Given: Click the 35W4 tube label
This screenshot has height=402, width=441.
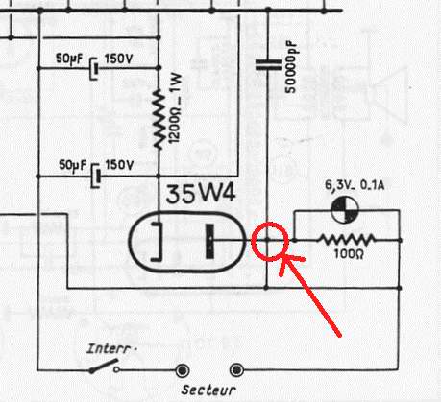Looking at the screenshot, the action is tap(201, 194).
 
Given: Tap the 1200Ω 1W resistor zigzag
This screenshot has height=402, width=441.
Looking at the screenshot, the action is tap(158, 119).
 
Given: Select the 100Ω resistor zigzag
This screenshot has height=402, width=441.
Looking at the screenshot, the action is tap(347, 240).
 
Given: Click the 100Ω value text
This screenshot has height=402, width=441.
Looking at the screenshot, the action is tap(349, 254).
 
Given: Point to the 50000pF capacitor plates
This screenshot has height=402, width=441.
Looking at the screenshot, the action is tap(268, 64).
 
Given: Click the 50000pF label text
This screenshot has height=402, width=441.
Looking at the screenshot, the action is tap(291, 67).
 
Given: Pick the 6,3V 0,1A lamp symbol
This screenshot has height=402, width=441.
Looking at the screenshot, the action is tap(345, 210).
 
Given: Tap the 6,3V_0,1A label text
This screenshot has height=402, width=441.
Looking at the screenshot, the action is tap(355, 185).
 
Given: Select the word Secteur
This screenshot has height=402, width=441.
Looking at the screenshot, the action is tap(208, 390).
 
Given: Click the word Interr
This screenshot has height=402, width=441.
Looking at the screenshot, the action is tap(110, 348).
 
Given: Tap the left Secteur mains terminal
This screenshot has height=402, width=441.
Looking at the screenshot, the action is tap(183, 370).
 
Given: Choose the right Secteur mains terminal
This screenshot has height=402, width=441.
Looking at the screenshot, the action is tap(236, 370).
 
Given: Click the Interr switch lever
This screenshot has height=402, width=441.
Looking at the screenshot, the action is tap(105, 366).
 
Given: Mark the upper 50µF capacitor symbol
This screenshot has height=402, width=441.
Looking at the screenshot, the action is tap(94, 68).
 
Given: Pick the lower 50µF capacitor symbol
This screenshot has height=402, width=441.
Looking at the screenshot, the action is tap(96, 176).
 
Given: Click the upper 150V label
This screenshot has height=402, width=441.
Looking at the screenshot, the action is tap(118, 59).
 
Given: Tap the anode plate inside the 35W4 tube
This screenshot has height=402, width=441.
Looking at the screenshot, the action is tap(209, 241).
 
